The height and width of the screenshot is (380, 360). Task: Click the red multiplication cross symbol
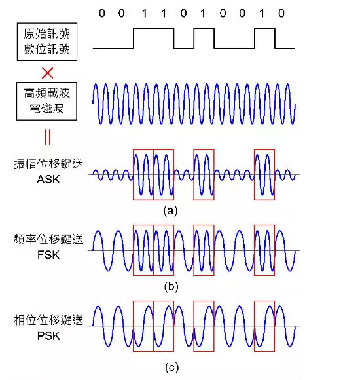click(x=47, y=73)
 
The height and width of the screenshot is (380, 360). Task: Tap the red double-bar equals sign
click(x=48, y=137)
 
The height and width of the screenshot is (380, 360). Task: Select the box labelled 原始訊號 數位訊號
click(x=47, y=42)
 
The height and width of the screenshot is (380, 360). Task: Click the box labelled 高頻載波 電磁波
click(x=46, y=101)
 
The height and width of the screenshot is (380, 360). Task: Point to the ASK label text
click(x=48, y=180)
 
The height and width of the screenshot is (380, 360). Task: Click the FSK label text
click(x=48, y=255)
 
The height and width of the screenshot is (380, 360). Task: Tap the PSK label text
click(x=48, y=336)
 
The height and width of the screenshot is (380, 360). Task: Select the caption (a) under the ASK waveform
click(x=170, y=210)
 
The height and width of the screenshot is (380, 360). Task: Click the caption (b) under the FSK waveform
click(x=171, y=287)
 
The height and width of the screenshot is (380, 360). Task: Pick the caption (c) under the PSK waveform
click(x=171, y=368)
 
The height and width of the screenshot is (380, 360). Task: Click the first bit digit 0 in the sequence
click(x=102, y=13)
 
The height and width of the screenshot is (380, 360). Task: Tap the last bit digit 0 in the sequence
click(x=281, y=13)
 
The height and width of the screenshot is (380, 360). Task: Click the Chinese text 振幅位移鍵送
click(x=48, y=164)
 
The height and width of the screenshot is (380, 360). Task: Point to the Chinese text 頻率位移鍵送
click(x=48, y=239)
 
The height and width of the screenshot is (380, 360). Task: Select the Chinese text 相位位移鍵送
click(x=48, y=320)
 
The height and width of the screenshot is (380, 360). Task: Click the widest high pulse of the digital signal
click(x=154, y=29)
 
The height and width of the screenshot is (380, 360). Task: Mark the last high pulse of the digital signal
click(x=265, y=29)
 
